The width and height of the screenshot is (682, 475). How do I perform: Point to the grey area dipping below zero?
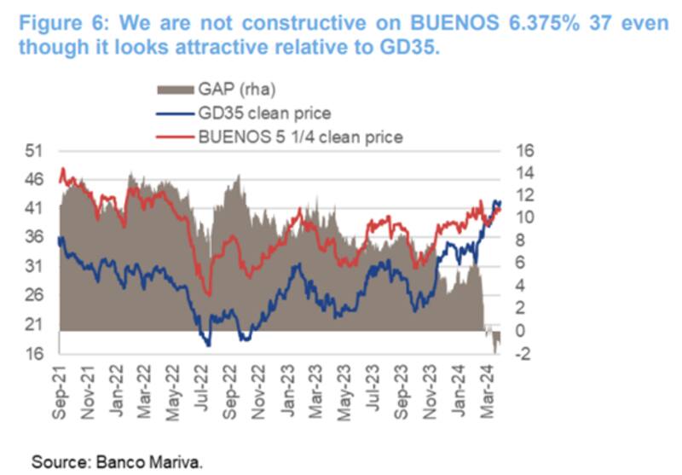[x=495, y=341]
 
